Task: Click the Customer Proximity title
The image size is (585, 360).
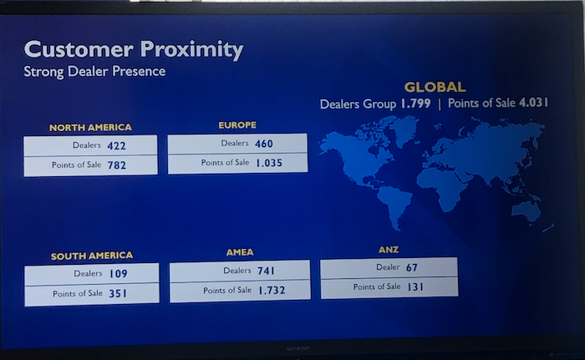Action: tap(134, 49)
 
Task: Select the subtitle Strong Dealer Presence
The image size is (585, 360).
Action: tap(94, 71)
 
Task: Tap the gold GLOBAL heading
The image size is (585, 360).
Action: tap(435, 88)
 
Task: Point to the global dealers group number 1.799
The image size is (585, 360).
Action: tap(415, 104)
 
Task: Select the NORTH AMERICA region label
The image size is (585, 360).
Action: tap(90, 128)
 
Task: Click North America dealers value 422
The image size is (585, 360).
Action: tap(116, 146)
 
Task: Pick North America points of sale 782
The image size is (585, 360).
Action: tap(117, 165)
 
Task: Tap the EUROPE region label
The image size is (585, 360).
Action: tap(237, 125)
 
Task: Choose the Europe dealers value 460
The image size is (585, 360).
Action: tap(264, 144)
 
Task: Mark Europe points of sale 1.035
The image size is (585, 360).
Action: tap(269, 163)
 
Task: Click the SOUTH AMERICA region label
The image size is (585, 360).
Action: tap(92, 256)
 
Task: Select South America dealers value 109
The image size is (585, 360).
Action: tap(119, 274)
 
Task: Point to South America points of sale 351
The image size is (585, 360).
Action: tap(118, 293)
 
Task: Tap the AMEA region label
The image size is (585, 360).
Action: tap(240, 252)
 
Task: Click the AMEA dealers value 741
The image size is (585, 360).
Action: tap(266, 271)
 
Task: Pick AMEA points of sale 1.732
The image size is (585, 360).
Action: tap(272, 290)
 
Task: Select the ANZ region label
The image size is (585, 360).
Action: tap(389, 250)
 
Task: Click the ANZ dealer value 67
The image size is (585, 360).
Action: tap(412, 267)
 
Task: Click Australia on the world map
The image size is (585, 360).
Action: tap(526, 210)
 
